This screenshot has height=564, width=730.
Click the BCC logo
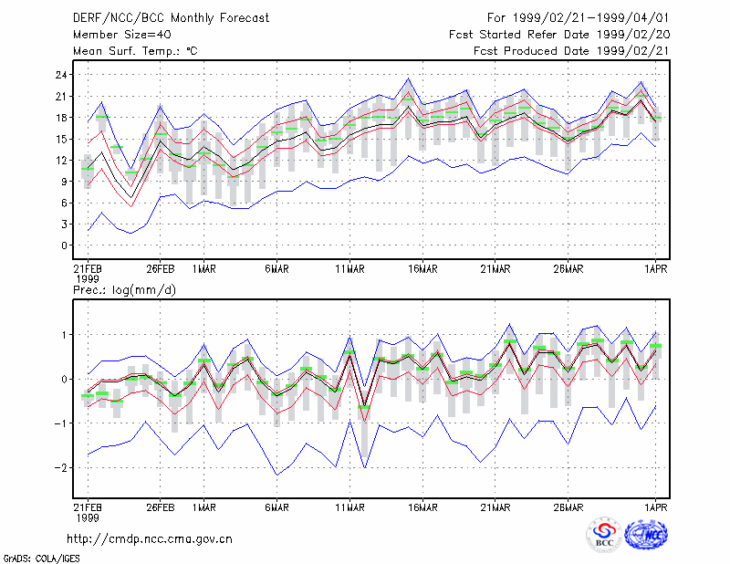click(x=604, y=535)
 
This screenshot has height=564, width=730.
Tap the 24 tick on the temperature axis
click(x=62, y=75)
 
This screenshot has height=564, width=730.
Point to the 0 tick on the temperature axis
click(x=65, y=245)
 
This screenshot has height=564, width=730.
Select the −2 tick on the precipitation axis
click(x=60, y=467)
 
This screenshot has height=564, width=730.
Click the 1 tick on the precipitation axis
click(x=65, y=335)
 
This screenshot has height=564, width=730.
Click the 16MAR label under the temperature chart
click(x=422, y=269)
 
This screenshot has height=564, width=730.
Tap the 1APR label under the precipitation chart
click(x=656, y=507)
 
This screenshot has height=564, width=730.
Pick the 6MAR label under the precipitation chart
click(x=277, y=507)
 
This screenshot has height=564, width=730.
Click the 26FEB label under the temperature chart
click(x=161, y=269)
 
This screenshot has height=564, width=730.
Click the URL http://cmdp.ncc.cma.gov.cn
click(x=150, y=539)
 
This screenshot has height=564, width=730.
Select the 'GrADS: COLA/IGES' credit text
click(x=42, y=559)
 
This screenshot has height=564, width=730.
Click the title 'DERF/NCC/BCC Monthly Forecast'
click(x=171, y=18)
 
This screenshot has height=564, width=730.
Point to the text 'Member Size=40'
click(x=122, y=35)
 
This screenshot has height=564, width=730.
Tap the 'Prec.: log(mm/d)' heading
click(x=124, y=290)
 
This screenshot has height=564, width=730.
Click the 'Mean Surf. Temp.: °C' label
click(x=135, y=51)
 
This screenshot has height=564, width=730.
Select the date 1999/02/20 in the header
click(x=633, y=35)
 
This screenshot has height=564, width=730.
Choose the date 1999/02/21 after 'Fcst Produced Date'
click(x=633, y=51)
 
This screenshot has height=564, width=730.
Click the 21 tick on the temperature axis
click(x=62, y=97)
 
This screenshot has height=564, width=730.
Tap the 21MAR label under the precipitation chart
click(x=495, y=507)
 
